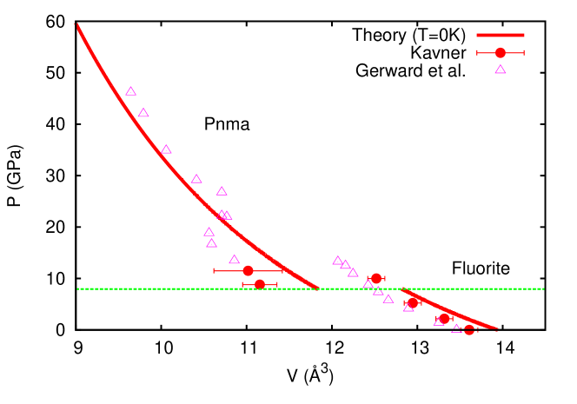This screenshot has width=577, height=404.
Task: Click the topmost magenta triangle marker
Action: (130, 91)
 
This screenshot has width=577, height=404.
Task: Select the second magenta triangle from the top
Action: (143, 113)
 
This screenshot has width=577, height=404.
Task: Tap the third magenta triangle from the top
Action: (166, 149)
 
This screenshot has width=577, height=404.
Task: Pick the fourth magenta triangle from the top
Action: (196, 179)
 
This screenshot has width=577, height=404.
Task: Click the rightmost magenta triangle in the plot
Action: (456, 328)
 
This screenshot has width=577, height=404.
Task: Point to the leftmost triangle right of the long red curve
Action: (338, 261)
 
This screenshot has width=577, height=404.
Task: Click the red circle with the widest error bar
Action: (248, 271)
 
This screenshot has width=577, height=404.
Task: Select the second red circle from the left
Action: (260, 284)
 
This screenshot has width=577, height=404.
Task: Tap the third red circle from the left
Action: (376, 279)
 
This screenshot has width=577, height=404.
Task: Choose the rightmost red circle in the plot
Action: (469, 330)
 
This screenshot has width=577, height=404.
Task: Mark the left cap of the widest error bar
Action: (215, 271)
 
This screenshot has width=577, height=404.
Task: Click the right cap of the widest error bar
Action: (282, 271)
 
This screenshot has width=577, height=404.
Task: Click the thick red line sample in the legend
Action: (500, 36)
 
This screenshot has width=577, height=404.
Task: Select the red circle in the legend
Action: (501, 53)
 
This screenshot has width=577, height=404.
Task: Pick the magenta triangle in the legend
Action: (501, 70)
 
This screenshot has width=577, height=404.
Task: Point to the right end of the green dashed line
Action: (544, 288)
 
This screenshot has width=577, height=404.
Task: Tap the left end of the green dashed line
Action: (77, 288)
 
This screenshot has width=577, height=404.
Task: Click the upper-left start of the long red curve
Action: (77, 25)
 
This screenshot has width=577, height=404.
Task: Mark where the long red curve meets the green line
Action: (317, 288)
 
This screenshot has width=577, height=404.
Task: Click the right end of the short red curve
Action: (497, 329)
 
